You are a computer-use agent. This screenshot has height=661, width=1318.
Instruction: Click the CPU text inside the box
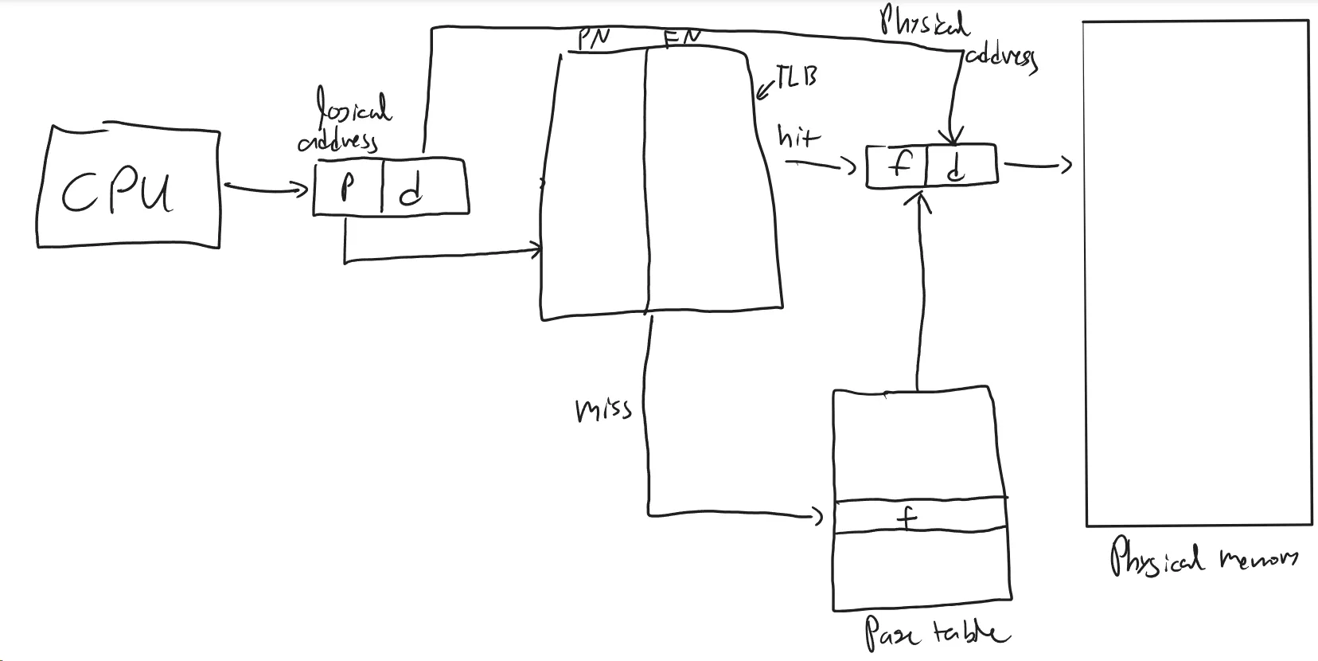coord(118,192)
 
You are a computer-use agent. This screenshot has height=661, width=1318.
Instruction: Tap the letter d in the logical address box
coord(411,190)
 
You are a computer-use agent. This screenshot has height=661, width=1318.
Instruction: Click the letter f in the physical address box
coord(899,166)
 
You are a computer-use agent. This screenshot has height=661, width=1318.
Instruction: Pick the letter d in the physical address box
coord(956,167)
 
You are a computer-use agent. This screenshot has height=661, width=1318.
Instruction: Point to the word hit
coord(797,137)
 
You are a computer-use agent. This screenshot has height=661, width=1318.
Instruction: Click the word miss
coord(603,409)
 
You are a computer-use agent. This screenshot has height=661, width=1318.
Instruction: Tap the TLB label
coord(797,76)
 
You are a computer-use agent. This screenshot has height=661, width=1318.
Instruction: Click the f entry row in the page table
coord(907,518)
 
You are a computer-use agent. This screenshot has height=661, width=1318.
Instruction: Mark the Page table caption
coord(935,634)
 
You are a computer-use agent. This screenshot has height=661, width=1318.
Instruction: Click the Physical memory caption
coord(1202,557)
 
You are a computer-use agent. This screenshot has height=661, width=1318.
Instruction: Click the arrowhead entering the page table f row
coord(817,517)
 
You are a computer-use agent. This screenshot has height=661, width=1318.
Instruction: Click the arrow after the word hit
coord(820,165)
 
